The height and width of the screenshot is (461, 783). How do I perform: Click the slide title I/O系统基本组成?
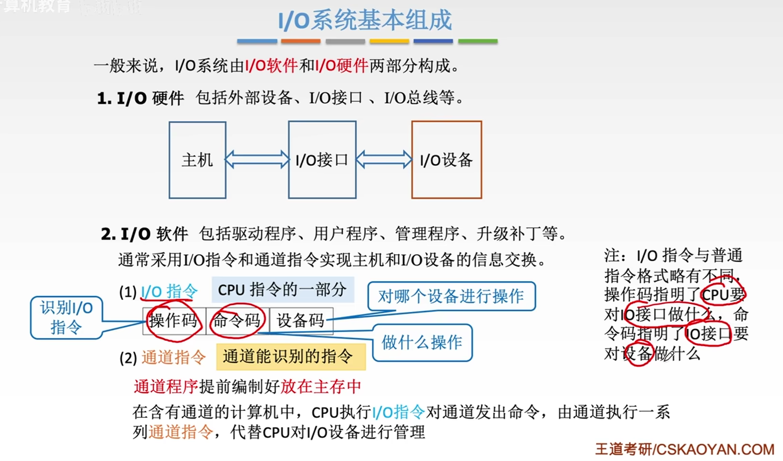365,20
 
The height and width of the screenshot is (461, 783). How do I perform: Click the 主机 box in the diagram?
197,160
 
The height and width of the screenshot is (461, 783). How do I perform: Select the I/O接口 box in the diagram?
322,160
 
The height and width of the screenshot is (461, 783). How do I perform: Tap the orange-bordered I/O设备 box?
446,160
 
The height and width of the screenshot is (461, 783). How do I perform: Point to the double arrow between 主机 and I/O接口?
257,159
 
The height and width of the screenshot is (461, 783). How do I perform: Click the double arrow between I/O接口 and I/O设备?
384,159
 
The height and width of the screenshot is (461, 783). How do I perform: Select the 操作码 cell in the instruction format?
174,321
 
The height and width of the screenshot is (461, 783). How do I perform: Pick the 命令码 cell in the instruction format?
237,321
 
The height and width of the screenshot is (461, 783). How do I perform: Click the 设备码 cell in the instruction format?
301,321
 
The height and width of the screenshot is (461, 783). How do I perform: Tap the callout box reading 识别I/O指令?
66,317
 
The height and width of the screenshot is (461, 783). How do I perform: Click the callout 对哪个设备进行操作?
451,296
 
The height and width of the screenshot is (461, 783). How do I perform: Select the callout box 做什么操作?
422,343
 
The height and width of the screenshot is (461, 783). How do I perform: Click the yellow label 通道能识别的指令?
290,357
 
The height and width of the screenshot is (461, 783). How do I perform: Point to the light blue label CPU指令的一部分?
282,290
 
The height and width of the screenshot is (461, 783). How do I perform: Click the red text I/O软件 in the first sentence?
271,66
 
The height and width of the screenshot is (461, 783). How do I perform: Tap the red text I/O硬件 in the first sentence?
342,66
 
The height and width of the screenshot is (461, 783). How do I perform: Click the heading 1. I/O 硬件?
141,99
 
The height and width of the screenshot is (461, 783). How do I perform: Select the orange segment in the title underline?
301,41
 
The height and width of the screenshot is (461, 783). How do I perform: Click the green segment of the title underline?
477,41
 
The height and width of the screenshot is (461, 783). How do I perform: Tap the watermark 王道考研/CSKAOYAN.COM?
684,449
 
